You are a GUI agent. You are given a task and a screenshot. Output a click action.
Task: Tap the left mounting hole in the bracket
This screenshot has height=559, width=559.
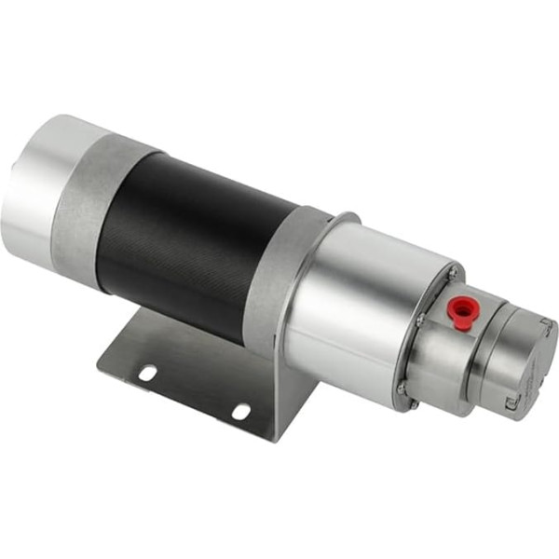click(x=147, y=373)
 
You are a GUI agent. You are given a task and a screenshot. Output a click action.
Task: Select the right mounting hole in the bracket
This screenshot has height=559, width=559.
click(x=240, y=411)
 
